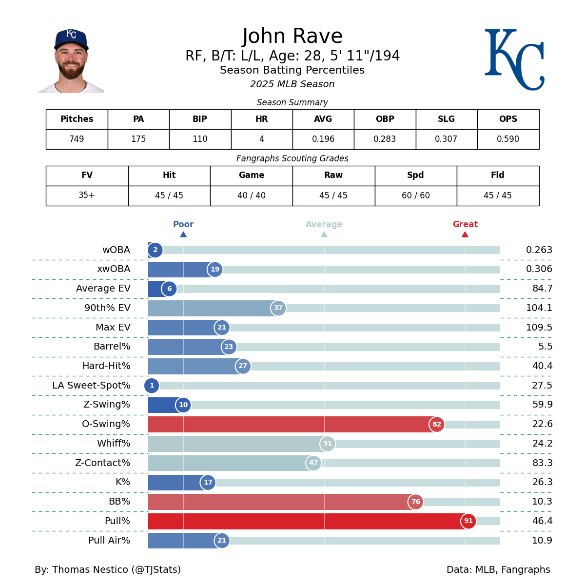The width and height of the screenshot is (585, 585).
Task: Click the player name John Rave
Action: pyautogui.click(x=292, y=37)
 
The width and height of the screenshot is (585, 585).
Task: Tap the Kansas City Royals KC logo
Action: pyautogui.click(x=514, y=59)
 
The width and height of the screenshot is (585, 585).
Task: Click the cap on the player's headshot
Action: pyautogui.click(x=71, y=39)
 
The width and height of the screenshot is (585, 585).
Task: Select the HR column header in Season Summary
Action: pyautogui.click(x=262, y=119)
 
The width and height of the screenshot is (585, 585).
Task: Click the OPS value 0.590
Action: pyautogui.click(x=508, y=139)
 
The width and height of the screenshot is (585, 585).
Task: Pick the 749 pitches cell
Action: pyautogui.click(x=77, y=139)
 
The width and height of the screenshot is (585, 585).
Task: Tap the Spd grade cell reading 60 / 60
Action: pyautogui.click(x=416, y=195)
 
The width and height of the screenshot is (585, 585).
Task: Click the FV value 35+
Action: pyautogui.click(x=87, y=195)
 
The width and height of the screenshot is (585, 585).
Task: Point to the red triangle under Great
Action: pyautogui.click(x=465, y=234)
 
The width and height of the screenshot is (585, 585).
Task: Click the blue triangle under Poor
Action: pyautogui.click(x=183, y=234)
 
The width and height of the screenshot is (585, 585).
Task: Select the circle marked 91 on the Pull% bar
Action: pyautogui.click(x=468, y=521)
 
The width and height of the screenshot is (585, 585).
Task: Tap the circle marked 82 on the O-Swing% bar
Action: pyautogui.click(x=437, y=424)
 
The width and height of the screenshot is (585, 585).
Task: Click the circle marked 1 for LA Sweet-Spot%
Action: pyautogui.click(x=152, y=386)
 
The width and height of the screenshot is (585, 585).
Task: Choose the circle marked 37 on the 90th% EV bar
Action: pyautogui.click(x=278, y=308)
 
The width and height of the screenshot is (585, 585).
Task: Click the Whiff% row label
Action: pyautogui.click(x=114, y=444)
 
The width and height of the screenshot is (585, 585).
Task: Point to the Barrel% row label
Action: pyautogui.click(x=112, y=347)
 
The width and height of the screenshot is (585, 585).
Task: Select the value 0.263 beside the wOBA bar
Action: pyautogui.click(x=539, y=250)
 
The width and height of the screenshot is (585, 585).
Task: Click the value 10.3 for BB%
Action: pyautogui.click(x=542, y=502)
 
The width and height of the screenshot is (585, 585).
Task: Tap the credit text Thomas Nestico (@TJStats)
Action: pyautogui.click(x=117, y=570)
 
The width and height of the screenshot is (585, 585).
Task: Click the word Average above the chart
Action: pyautogui.click(x=324, y=224)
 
